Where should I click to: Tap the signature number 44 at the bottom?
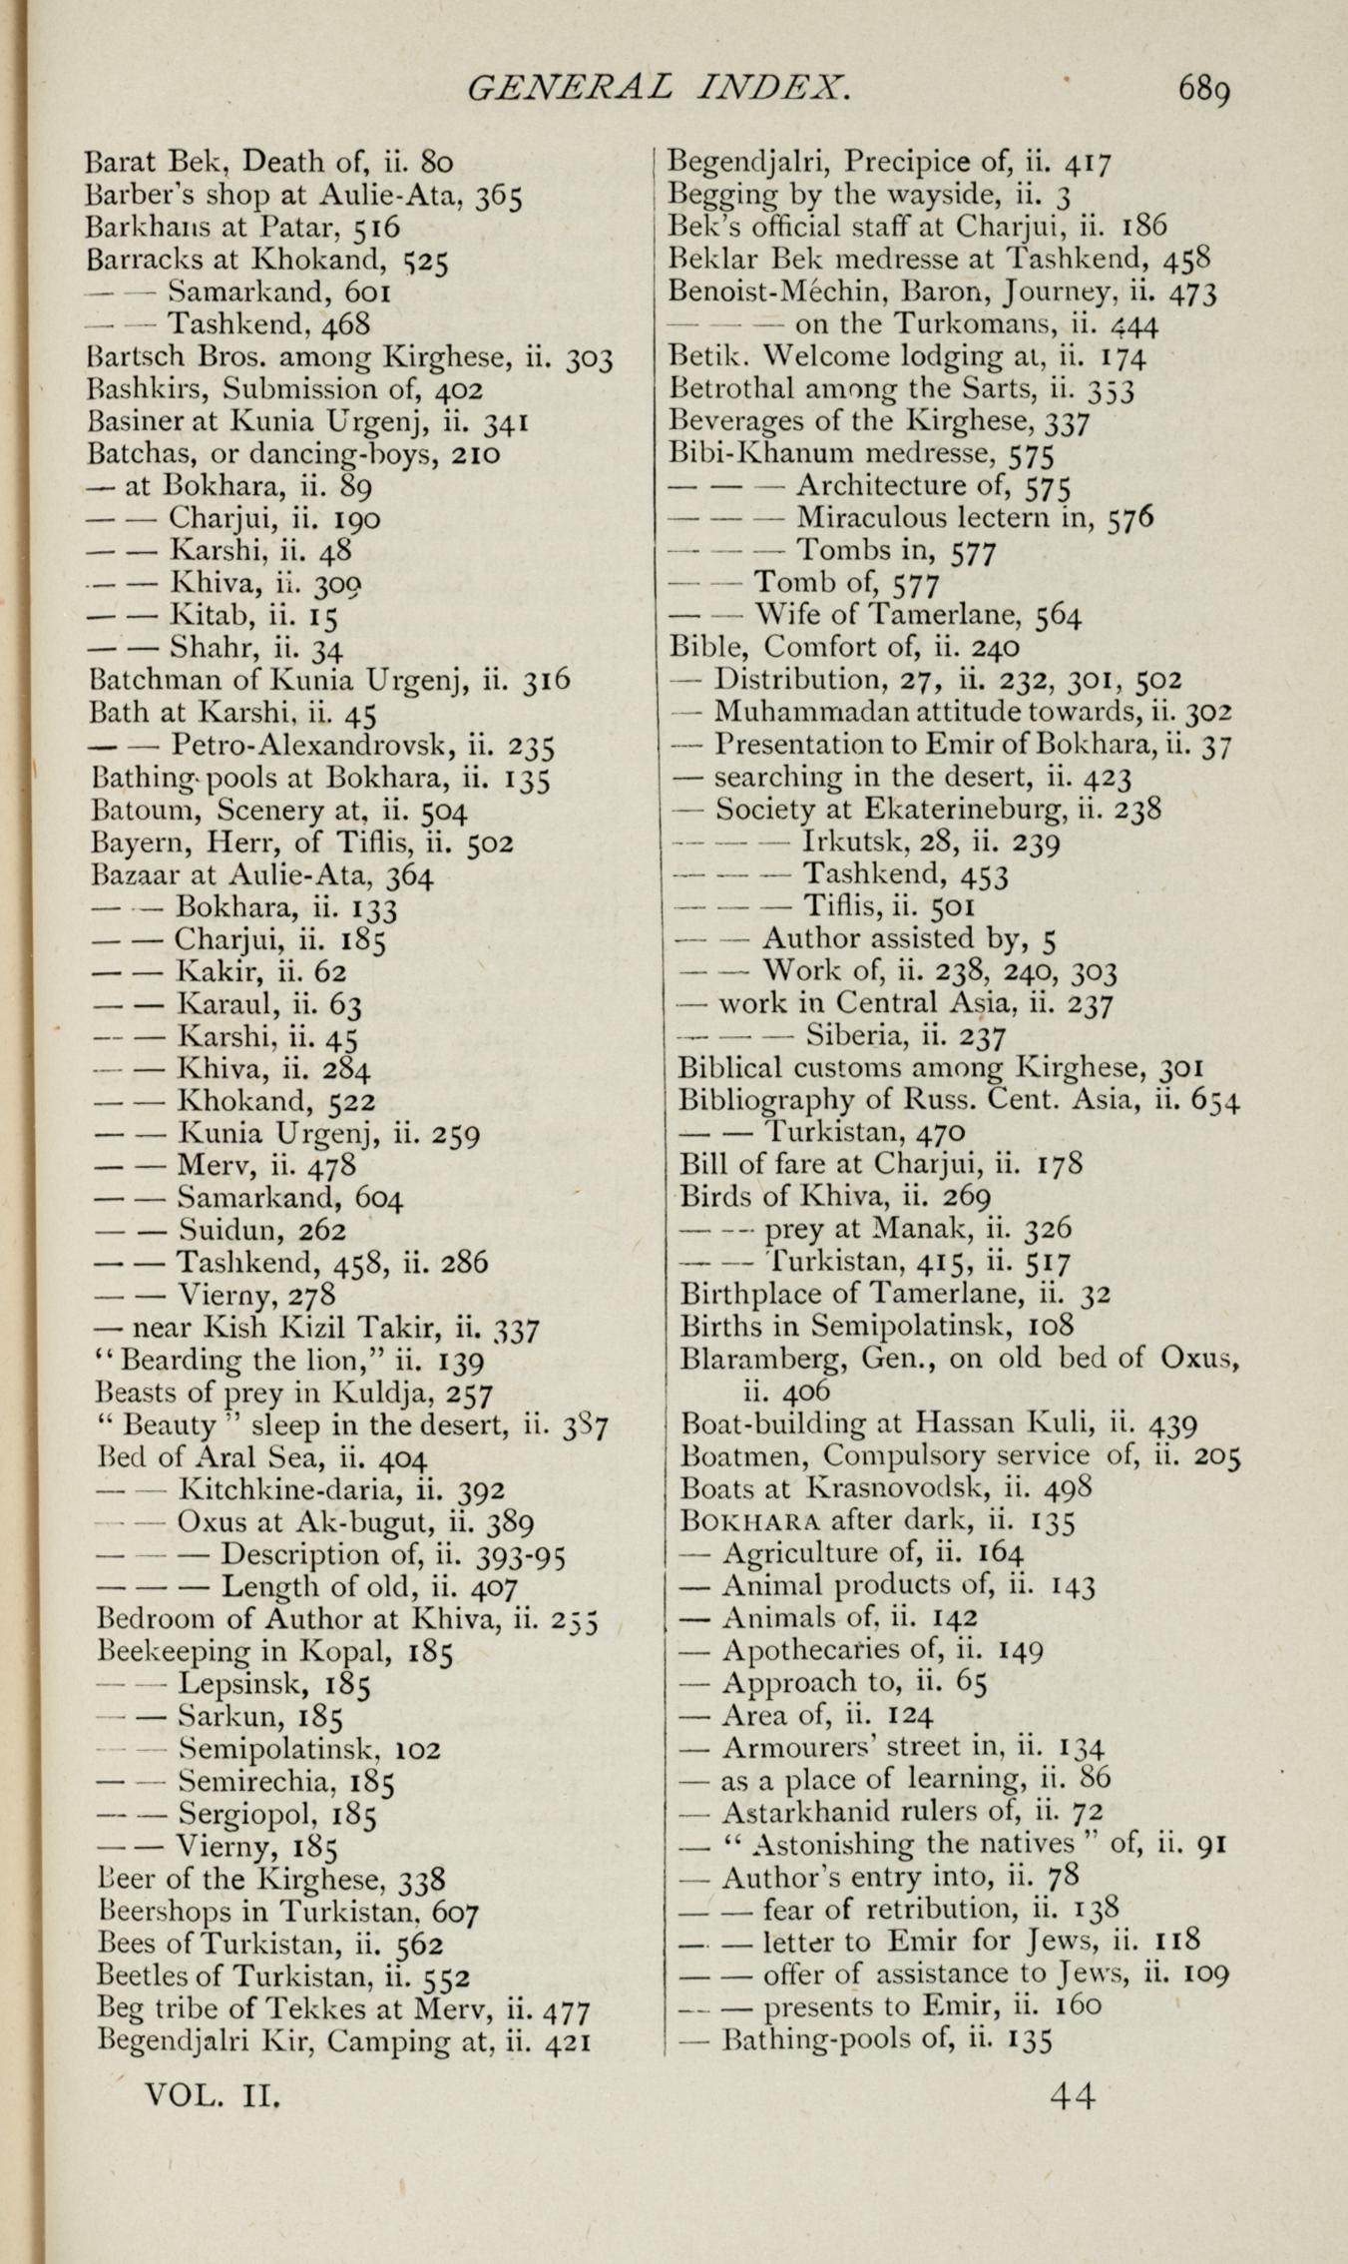click(1073, 2093)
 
